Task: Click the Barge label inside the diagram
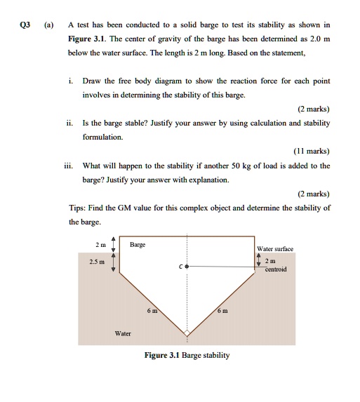(x=138, y=245)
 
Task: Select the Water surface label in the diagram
(x=275, y=249)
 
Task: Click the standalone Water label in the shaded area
(x=122, y=333)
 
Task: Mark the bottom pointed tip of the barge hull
(x=187, y=335)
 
